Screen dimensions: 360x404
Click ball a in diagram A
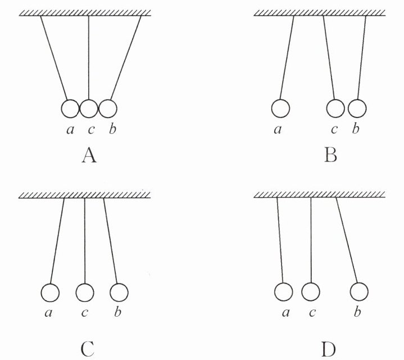pyautogui.click(x=70, y=108)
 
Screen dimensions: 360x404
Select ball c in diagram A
pyautogui.click(x=88, y=108)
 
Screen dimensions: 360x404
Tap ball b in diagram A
pyautogui.click(x=107, y=108)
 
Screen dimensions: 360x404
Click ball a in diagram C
pyautogui.click(x=51, y=292)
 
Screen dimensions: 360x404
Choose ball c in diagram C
pyautogui.click(x=84, y=292)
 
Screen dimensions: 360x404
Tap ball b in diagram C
pyautogui.click(x=119, y=292)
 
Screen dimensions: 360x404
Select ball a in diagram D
pyautogui.click(x=284, y=292)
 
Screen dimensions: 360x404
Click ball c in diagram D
pyautogui.click(x=311, y=292)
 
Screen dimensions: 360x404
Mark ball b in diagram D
pyautogui.click(x=359, y=292)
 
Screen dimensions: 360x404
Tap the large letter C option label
pyautogui.click(x=87, y=349)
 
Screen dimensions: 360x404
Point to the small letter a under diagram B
pyautogui.click(x=278, y=130)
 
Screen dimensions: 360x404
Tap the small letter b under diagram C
pyautogui.click(x=117, y=313)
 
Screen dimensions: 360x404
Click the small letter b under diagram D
pyautogui.click(x=357, y=313)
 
